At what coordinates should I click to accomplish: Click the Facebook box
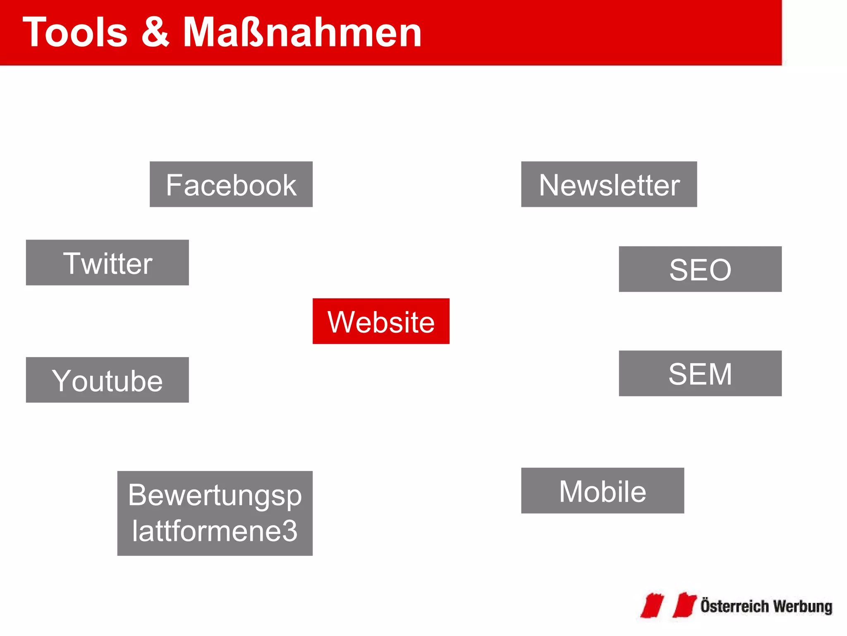click(x=231, y=184)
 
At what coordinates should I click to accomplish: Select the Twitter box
click(x=107, y=263)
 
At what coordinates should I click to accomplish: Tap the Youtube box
click(x=107, y=380)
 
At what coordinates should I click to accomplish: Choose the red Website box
click(x=381, y=321)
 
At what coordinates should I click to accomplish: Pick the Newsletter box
click(x=609, y=184)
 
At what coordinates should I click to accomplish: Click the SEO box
click(x=700, y=269)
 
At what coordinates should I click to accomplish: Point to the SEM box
click(x=700, y=373)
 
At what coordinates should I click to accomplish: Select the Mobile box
click(x=602, y=491)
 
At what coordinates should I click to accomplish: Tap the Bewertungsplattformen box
click(x=215, y=513)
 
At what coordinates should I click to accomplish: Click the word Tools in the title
click(x=75, y=32)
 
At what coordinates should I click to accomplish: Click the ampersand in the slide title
click(x=156, y=32)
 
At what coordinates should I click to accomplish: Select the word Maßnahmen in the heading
click(x=302, y=32)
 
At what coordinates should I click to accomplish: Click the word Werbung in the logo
click(x=803, y=607)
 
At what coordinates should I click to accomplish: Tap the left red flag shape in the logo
click(x=652, y=605)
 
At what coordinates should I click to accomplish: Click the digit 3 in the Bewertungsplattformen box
click(x=289, y=531)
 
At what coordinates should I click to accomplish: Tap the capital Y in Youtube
click(x=62, y=381)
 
